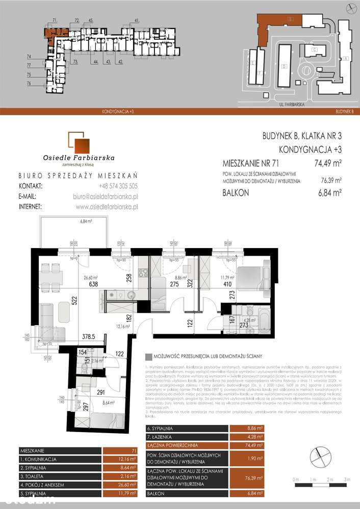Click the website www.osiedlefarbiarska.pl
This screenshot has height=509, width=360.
click(107, 206)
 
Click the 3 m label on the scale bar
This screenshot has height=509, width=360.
click(347, 480)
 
